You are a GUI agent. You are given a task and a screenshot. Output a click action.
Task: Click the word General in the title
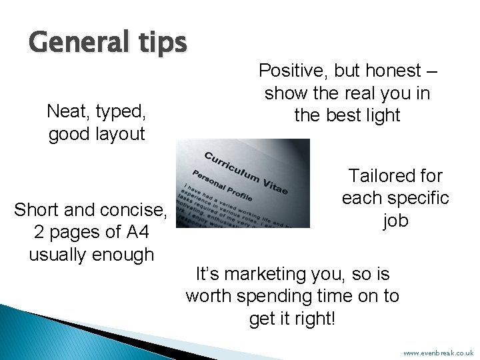[71, 44]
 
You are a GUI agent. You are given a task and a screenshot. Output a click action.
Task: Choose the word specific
[421, 198]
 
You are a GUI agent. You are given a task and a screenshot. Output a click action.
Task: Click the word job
[395, 221]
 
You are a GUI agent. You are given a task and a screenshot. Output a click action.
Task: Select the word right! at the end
[317, 319]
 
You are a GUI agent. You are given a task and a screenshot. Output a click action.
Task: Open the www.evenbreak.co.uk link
[438, 351]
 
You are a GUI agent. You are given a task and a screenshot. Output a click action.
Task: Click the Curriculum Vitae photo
[243, 183]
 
